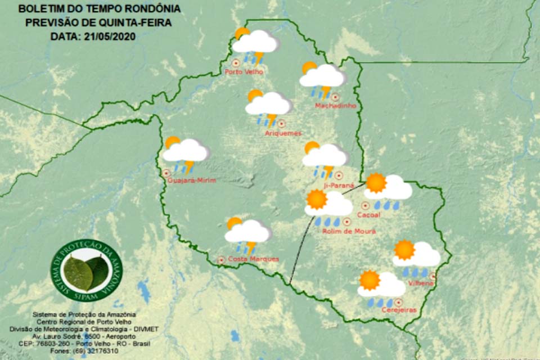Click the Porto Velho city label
[243, 72]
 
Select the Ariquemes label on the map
[283, 133]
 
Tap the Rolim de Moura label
[349, 231]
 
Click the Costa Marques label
[253, 259]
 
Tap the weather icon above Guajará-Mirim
[185, 153]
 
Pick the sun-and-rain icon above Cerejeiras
[381, 288]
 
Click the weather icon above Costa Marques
[247, 233]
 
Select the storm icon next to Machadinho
[322, 79]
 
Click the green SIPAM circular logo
[87, 270]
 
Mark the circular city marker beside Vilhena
[433, 276]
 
